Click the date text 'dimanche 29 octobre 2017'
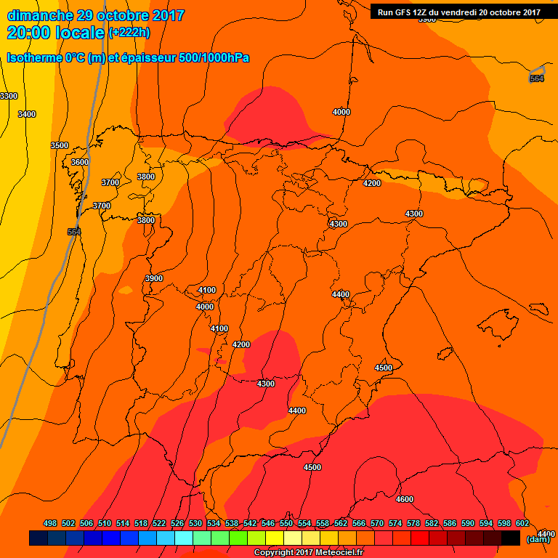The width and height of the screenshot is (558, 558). point(95,15)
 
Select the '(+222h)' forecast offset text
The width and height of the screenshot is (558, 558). point(129,33)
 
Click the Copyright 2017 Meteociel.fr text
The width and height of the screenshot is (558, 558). point(313,552)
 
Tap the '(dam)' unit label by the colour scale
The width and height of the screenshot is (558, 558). point(538,539)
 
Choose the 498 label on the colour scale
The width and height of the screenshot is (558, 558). point(50,523)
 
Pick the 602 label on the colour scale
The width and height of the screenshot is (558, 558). point(522,523)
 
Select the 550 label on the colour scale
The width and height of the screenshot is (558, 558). point(286,523)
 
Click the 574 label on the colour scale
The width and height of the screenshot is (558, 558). point(395,523)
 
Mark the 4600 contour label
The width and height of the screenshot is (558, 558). point(405,499)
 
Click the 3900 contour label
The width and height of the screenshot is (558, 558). point(154,278)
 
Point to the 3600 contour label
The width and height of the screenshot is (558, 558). point(80,162)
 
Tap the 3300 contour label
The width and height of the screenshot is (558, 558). point(9,96)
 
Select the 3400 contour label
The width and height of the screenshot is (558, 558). point(27,114)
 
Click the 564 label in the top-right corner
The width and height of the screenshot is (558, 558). point(536,78)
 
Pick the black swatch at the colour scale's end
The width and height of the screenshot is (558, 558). point(510,538)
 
